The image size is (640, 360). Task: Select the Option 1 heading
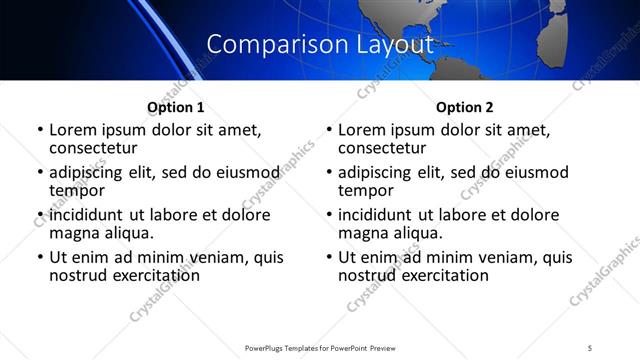click(x=175, y=107)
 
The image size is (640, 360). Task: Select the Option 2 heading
click(x=464, y=107)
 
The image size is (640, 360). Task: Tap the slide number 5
click(x=590, y=347)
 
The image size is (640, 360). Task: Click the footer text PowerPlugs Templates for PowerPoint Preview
click(x=319, y=347)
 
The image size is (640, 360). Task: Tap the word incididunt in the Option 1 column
click(x=88, y=215)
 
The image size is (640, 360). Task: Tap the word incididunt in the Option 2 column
click(x=377, y=215)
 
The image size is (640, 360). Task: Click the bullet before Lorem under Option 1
click(x=40, y=131)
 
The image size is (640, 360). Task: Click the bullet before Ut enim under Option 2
click(x=329, y=258)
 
